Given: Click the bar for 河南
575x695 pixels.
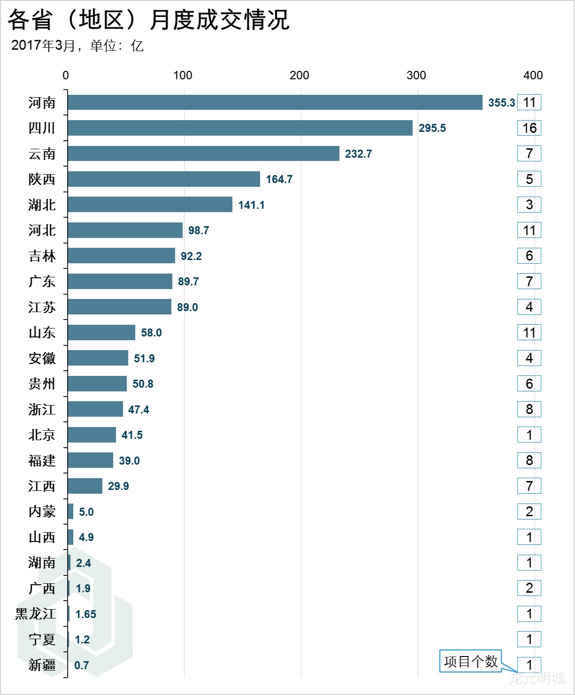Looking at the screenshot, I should point(275,102).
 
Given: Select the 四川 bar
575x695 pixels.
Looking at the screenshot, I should point(240,128).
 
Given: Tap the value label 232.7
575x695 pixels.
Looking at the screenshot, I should point(358,154).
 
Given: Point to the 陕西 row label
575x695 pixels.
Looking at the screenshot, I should point(42,179).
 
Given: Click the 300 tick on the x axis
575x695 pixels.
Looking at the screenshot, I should point(416,75).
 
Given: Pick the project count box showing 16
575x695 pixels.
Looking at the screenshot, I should point(529,128).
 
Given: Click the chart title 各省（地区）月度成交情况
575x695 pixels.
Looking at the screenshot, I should point(149,20).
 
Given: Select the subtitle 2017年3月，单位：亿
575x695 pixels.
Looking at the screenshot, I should point(77,46).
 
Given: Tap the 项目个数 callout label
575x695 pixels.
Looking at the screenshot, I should point(470,661).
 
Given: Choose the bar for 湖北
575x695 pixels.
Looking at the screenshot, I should point(150,205).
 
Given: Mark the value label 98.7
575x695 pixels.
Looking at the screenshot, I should point(199,230).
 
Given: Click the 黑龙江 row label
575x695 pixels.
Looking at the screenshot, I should point(36,614).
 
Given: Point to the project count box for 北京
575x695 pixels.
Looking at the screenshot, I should point(529,435).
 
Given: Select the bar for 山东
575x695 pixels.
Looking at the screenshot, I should point(101,333).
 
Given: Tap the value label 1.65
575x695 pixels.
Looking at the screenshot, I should point(85,614).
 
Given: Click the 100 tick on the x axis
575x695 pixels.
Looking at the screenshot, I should point(183,75).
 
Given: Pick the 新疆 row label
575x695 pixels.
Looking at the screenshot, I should point(42,665).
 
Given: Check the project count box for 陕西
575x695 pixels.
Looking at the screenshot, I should point(529,179).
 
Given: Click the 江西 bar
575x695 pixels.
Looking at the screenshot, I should point(85,486).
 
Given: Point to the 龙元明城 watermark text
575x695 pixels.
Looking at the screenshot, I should point(537,678).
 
